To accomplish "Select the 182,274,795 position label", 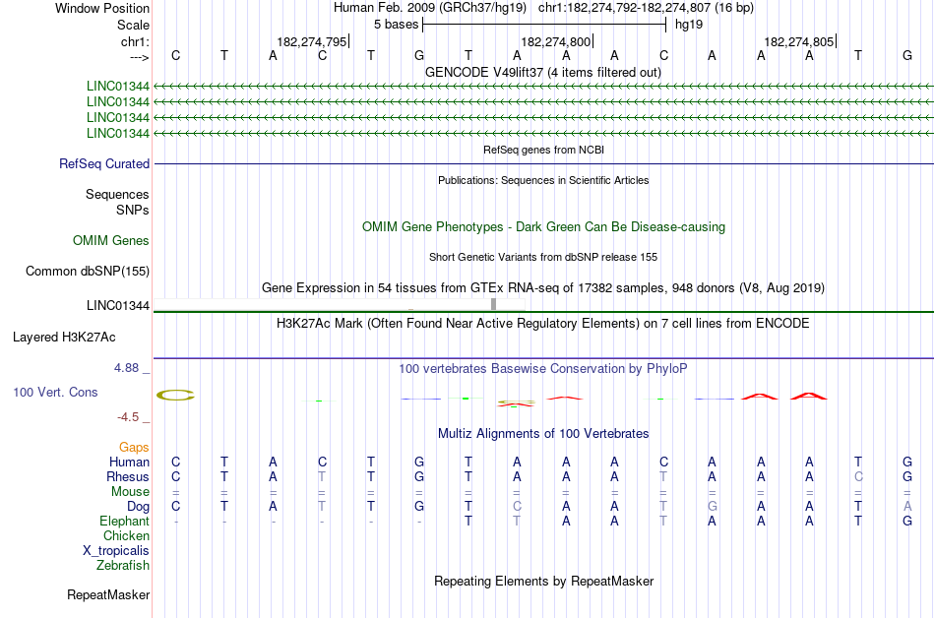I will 312,41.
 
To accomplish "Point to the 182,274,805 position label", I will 798,41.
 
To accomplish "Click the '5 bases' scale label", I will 395,24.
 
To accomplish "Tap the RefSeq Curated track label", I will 104,164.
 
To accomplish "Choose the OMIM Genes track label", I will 111,240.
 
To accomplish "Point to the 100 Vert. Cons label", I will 55,392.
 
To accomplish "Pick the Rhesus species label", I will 128,476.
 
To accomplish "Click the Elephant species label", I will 125,521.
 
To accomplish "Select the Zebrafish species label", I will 123,565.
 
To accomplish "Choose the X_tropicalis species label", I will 116,550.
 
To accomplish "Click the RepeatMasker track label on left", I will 108,594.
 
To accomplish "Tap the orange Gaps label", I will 134,447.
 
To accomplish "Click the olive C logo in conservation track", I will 176,396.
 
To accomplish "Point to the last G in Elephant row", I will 906,521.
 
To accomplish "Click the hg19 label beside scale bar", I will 688,24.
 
